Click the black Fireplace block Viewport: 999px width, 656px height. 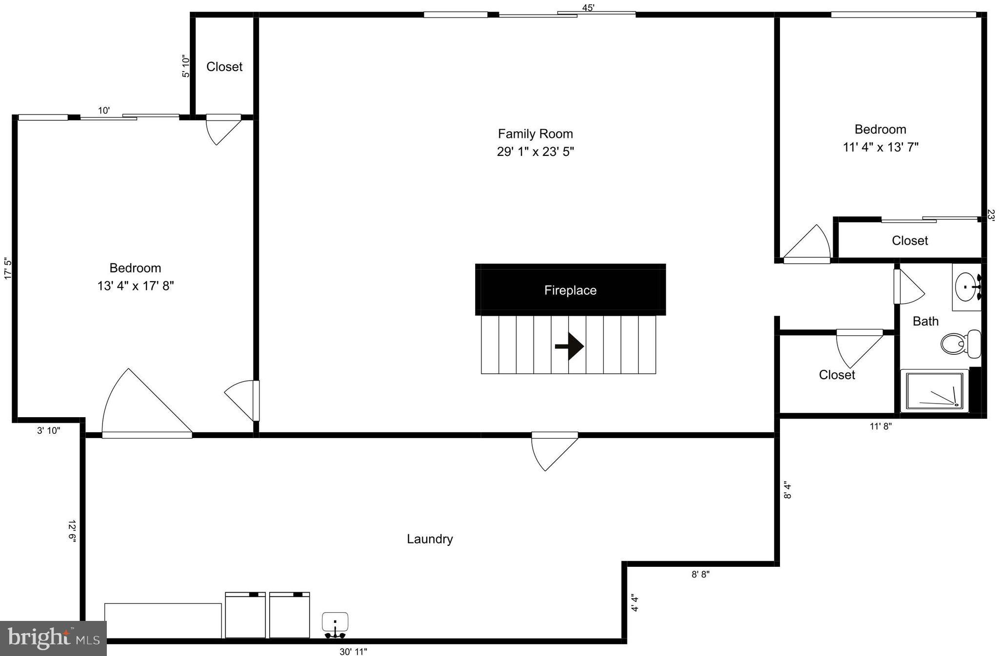[x=570, y=290]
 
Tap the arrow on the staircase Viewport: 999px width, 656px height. [x=569, y=347]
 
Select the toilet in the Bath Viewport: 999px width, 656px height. [x=960, y=343]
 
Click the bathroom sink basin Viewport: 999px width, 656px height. [x=965, y=287]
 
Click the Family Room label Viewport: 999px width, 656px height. [x=535, y=134]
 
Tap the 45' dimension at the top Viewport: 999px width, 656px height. [x=588, y=8]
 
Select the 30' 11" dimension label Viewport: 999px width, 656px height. [x=353, y=651]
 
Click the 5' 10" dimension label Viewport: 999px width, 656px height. [x=186, y=66]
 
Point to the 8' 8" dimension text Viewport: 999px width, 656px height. [x=700, y=574]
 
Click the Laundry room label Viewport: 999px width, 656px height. [x=430, y=539]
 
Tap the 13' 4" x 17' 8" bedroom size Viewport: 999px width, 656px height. [x=136, y=286]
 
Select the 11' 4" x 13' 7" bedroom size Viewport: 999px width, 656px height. [x=880, y=147]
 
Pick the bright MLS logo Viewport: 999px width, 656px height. [x=53, y=638]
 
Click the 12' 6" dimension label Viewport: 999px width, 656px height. [x=72, y=531]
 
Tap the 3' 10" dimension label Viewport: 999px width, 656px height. [x=49, y=430]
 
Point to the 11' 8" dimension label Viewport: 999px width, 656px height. [x=880, y=426]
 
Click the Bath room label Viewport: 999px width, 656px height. [x=925, y=321]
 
